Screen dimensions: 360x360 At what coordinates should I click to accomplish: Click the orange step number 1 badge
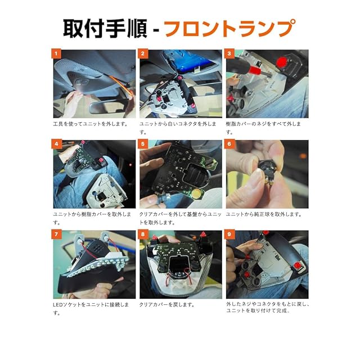(x=56, y=54)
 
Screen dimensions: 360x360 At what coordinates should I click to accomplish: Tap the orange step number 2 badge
(x=143, y=54)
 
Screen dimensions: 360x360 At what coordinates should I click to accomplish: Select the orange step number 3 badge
(x=229, y=54)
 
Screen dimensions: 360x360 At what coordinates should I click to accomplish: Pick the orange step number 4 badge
(x=56, y=144)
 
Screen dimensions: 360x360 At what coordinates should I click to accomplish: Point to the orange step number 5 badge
(x=143, y=144)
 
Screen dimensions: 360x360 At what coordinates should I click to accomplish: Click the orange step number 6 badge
(x=229, y=144)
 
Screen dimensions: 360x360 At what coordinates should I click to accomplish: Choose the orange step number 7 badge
(x=56, y=235)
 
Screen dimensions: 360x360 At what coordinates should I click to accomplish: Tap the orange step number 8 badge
(x=143, y=235)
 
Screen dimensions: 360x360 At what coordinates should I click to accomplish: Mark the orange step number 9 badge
(x=229, y=235)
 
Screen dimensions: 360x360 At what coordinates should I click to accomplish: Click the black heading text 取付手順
(x=105, y=29)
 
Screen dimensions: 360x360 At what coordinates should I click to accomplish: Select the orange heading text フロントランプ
(x=230, y=29)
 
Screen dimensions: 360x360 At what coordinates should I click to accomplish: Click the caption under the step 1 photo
(x=91, y=124)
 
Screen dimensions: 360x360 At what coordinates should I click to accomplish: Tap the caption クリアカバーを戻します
(x=167, y=305)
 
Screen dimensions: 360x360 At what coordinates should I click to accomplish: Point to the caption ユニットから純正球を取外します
(x=264, y=214)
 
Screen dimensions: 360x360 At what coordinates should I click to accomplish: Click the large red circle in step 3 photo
(x=281, y=62)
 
